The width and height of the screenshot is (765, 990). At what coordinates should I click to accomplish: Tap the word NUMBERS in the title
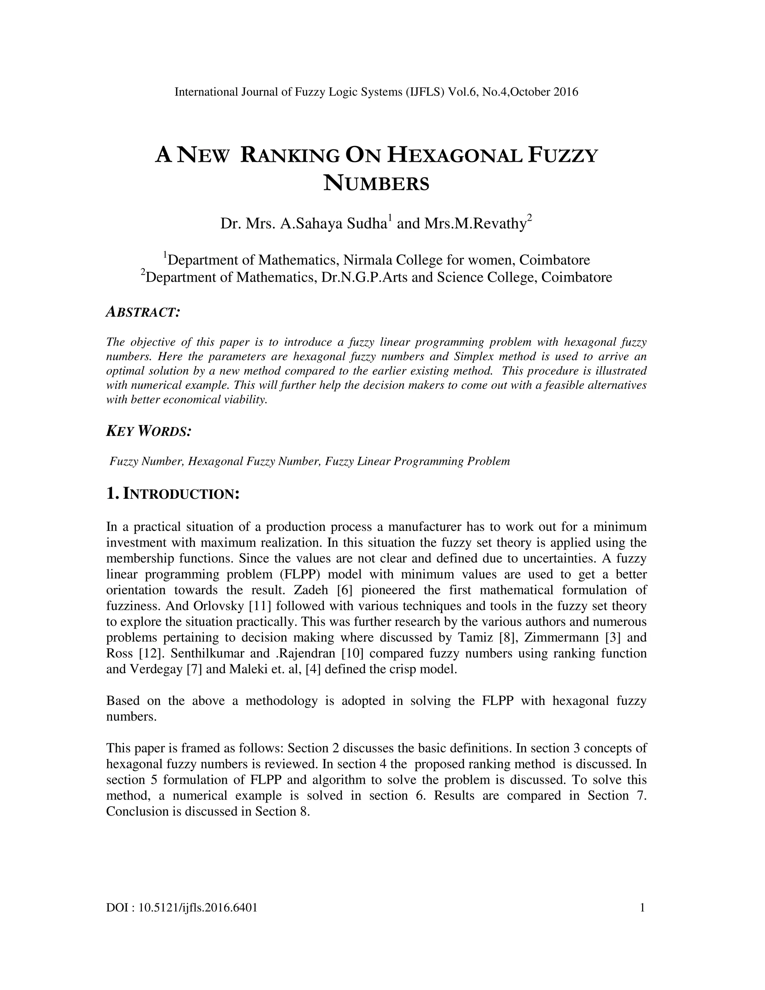pyautogui.click(x=376, y=183)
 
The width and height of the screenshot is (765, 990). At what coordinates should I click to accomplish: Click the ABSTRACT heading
pyautogui.click(x=143, y=312)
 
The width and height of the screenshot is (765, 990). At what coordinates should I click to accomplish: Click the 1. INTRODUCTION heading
pyautogui.click(x=172, y=494)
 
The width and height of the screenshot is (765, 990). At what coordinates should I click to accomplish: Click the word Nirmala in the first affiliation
pyautogui.click(x=368, y=260)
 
